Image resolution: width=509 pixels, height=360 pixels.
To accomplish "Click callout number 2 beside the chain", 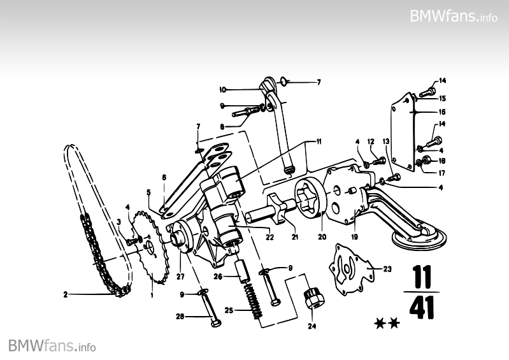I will click(65, 294).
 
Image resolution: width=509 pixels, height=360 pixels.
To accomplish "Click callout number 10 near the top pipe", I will click(223, 89).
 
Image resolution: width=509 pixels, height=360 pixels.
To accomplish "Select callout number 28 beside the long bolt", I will click(181, 315).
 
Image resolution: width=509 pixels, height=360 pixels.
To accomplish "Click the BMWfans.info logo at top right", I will click(453, 16).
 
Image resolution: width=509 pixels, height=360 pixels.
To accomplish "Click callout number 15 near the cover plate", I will click(442, 98).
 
